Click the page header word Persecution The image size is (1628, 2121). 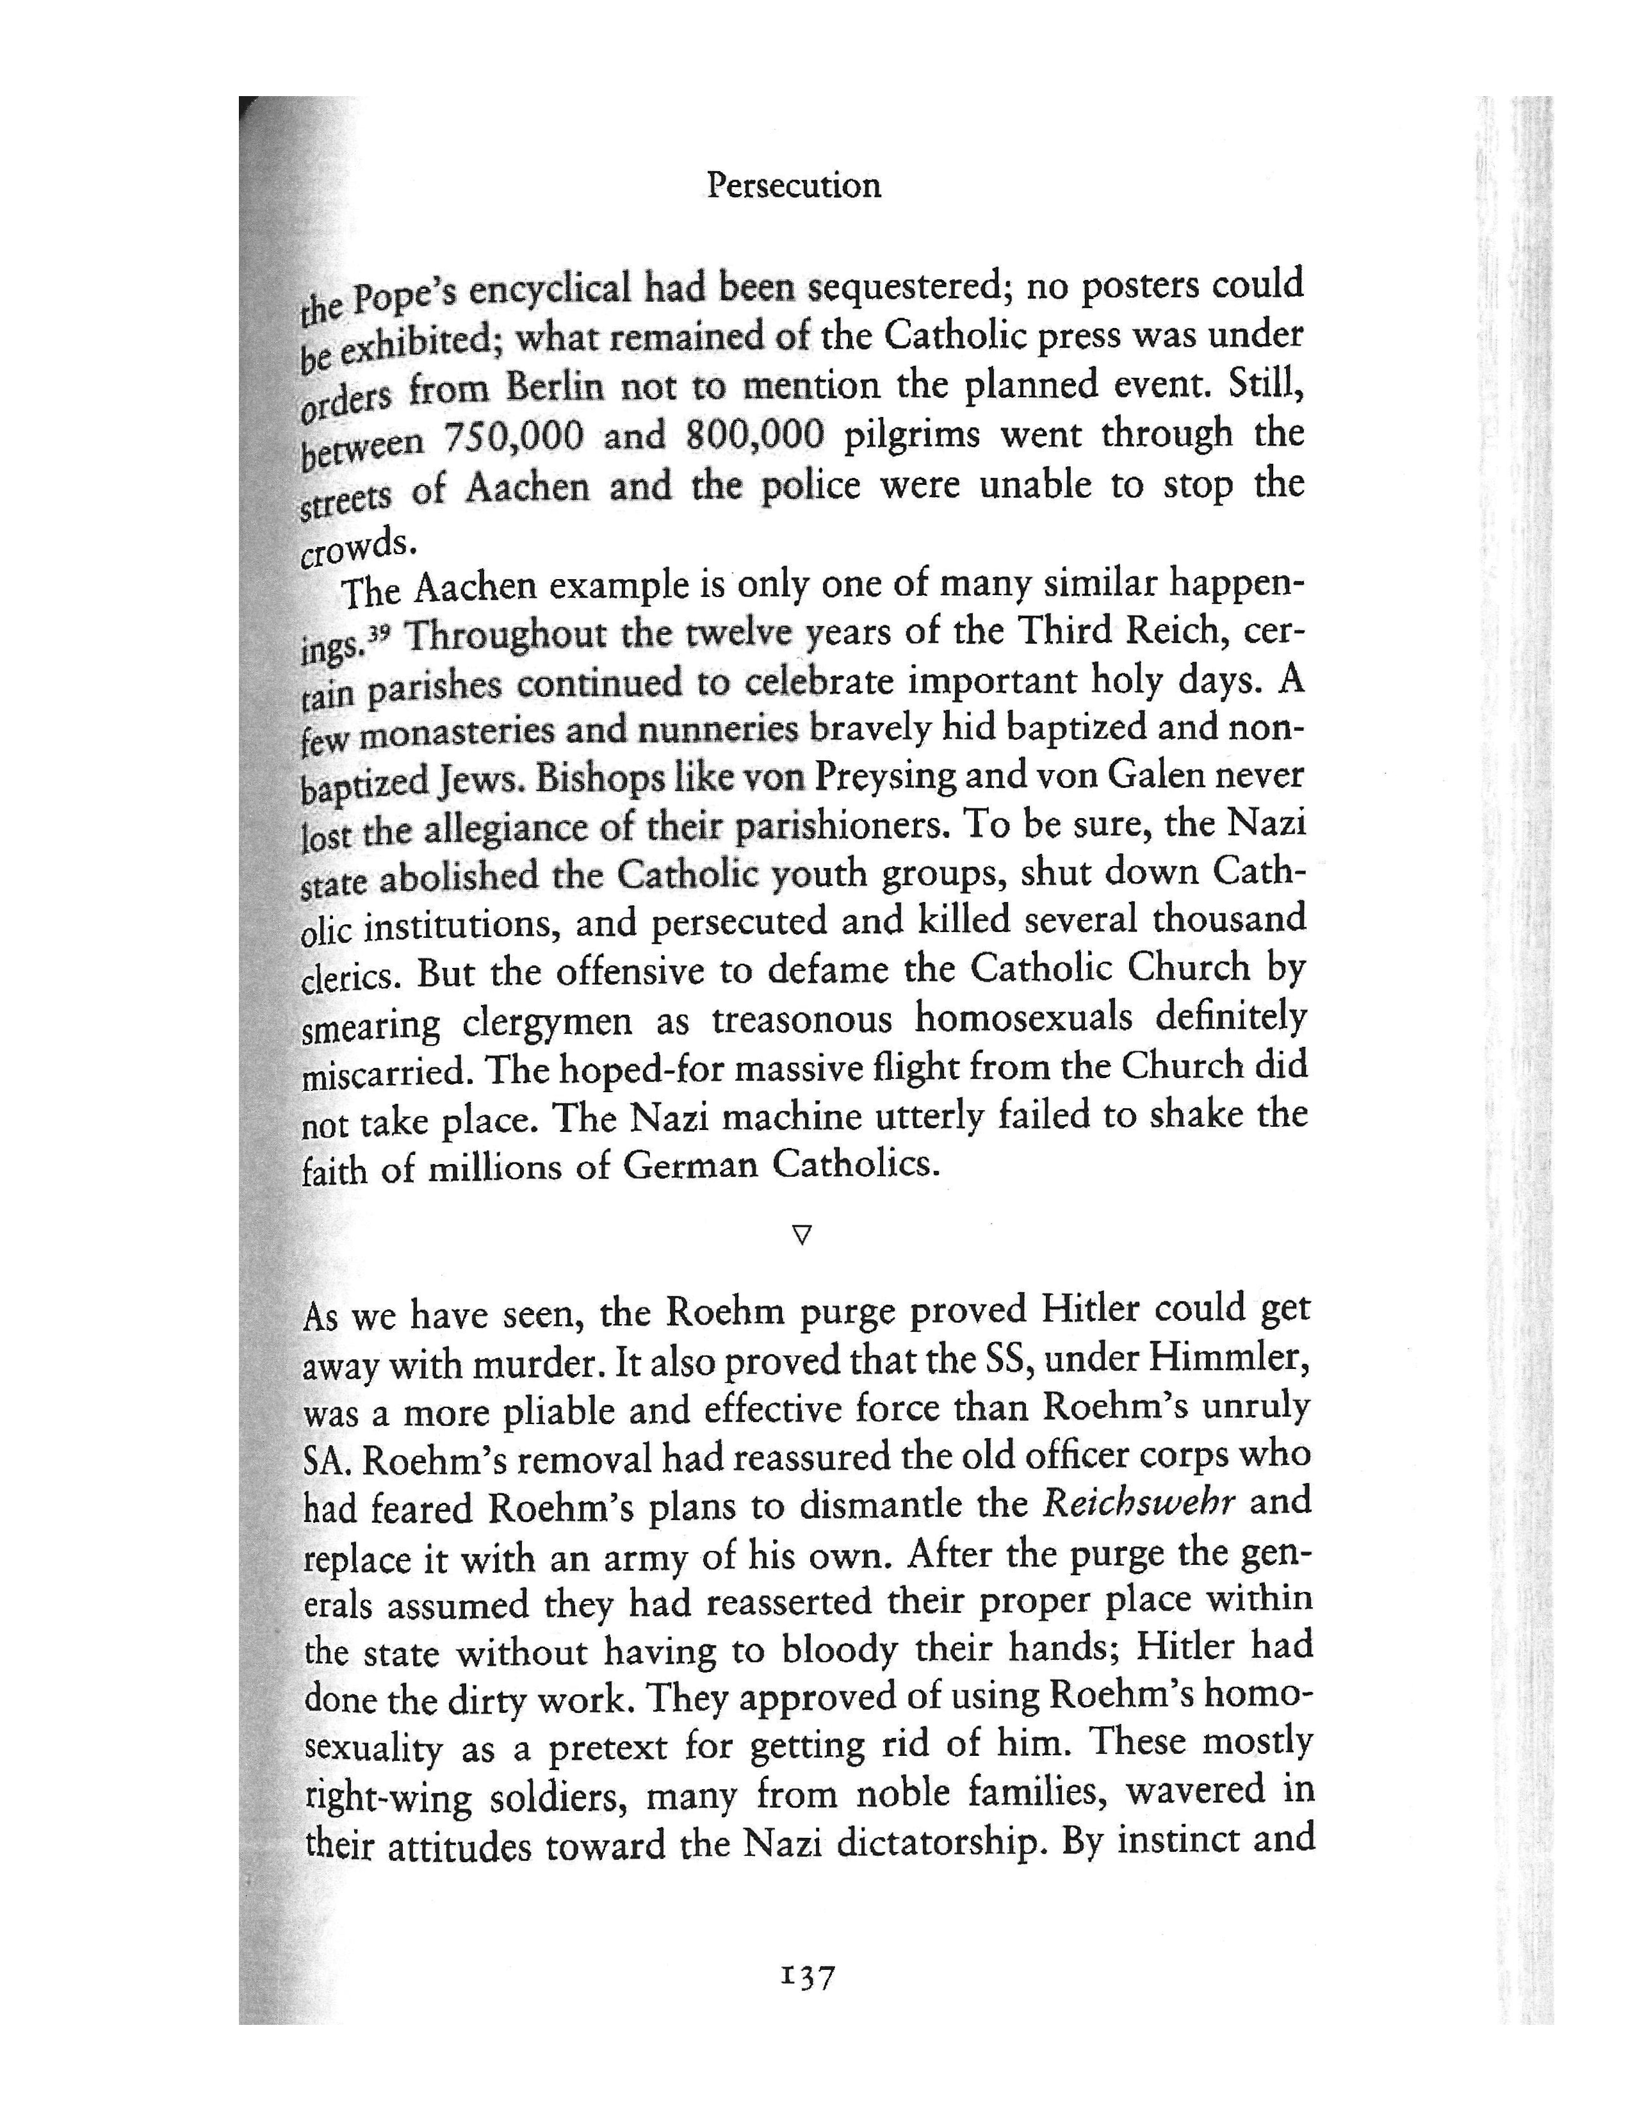(x=793, y=184)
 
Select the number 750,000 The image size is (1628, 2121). (x=514, y=437)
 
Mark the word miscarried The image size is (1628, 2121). (x=383, y=1073)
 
